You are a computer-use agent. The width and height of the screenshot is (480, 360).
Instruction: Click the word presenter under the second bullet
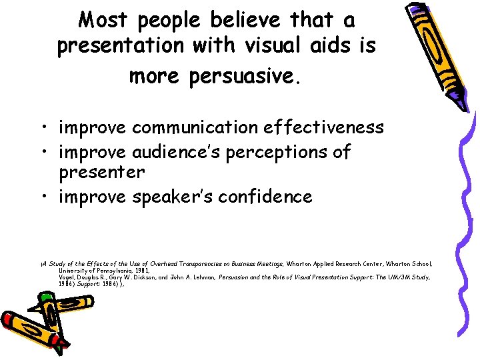pyautogui.click(x=101, y=172)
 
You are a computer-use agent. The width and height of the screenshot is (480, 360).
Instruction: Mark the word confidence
pyautogui.click(x=271, y=197)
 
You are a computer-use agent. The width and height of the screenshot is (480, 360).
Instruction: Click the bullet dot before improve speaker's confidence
pyautogui.click(x=48, y=197)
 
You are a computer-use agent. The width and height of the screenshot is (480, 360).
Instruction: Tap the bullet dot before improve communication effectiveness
pyautogui.click(x=48, y=127)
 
